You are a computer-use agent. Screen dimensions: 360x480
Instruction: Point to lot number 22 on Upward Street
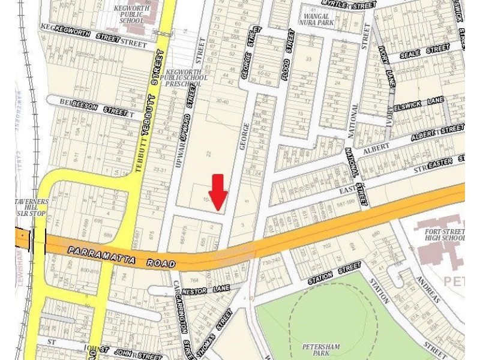209,155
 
